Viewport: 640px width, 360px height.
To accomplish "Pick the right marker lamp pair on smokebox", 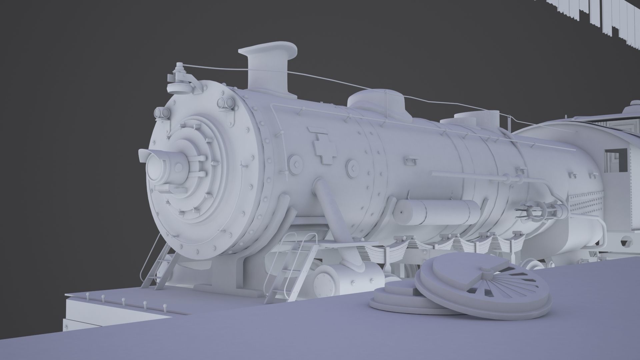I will tap(224, 103).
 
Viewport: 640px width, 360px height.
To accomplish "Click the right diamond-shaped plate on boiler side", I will tap(352, 168).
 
